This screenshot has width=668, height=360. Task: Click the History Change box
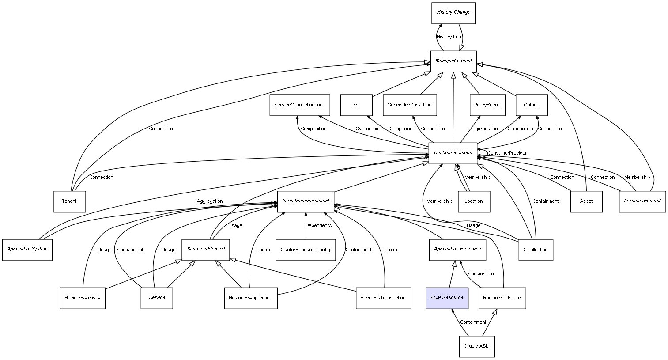click(x=453, y=13)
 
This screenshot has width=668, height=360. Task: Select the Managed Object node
click(x=453, y=61)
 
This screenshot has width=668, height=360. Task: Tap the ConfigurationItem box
click(x=453, y=153)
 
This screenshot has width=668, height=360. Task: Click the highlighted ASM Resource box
click(x=447, y=298)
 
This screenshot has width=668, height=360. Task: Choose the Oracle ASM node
click(x=476, y=346)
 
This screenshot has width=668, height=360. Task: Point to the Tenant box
click(x=69, y=201)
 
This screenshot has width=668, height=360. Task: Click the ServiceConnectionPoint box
click(x=299, y=105)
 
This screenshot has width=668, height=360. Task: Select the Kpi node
click(x=356, y=105)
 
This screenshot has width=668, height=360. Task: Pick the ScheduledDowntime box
click(x=410, y=105)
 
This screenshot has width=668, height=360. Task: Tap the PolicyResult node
click(x=487, y=105)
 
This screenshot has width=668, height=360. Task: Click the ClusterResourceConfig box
click(x=305, y=250)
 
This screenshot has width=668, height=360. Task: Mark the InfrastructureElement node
click(x=306, y=201)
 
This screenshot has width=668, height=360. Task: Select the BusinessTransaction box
click(x=383, y=298)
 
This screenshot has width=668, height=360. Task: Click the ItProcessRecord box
click(x=642, y=201)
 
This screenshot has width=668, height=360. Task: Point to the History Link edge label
click(x=449, y=37)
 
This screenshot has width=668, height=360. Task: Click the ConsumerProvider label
click(x=507, y=153)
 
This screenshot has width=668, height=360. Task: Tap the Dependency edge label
click(x=319, y=226)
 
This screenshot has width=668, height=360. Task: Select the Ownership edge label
click(x=367, y=129)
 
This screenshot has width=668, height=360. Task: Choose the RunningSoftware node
click(x=502, y=298)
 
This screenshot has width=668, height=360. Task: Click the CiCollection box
click(x=535, y=250)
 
